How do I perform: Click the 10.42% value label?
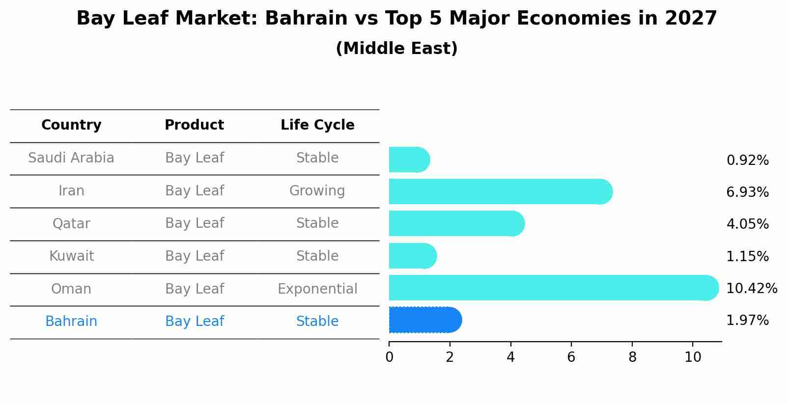point(751,288)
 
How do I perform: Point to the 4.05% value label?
point(747,224)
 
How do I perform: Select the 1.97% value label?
point(747,321)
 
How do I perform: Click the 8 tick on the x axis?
point(632,357)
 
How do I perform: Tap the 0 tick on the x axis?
point(389,357)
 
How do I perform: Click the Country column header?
point(71,125)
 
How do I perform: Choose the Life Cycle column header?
point(317,125)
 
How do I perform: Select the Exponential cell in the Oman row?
point(317,289)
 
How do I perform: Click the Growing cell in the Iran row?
point(317,190)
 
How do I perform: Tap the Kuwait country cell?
point(71,256)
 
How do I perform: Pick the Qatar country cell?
point(71,224)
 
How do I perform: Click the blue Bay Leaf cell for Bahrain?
point(195,322)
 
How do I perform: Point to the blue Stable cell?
point(317,322)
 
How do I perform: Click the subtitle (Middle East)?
point(396,49)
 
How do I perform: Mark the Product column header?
point(194,125)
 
